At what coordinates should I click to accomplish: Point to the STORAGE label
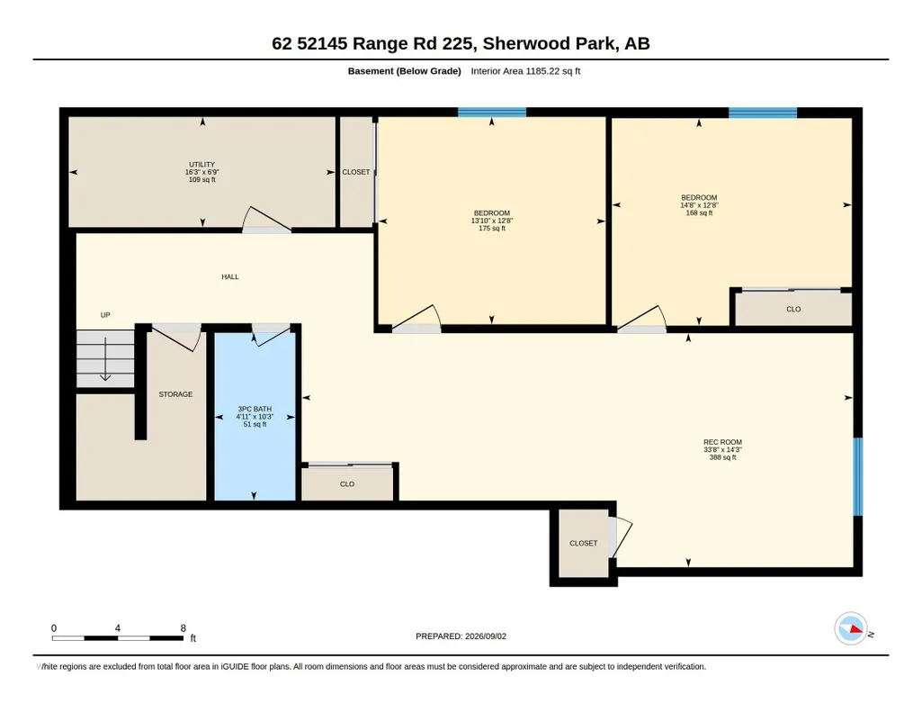175,394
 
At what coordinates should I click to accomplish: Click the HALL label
230,276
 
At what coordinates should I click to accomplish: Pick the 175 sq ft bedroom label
491,221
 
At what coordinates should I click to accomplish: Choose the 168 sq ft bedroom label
699,205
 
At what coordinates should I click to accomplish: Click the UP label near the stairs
105,315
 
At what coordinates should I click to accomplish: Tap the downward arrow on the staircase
105,359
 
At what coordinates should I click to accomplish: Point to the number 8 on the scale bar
184,627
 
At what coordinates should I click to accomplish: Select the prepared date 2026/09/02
486,636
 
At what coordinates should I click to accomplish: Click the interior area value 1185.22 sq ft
552,71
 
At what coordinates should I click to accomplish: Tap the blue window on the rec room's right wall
858,476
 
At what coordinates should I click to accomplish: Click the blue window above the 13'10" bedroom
492,113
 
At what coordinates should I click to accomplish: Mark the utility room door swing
266,219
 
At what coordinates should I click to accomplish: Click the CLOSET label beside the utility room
355,172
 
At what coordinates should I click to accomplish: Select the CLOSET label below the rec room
583,543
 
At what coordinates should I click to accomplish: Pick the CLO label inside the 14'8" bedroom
793,309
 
